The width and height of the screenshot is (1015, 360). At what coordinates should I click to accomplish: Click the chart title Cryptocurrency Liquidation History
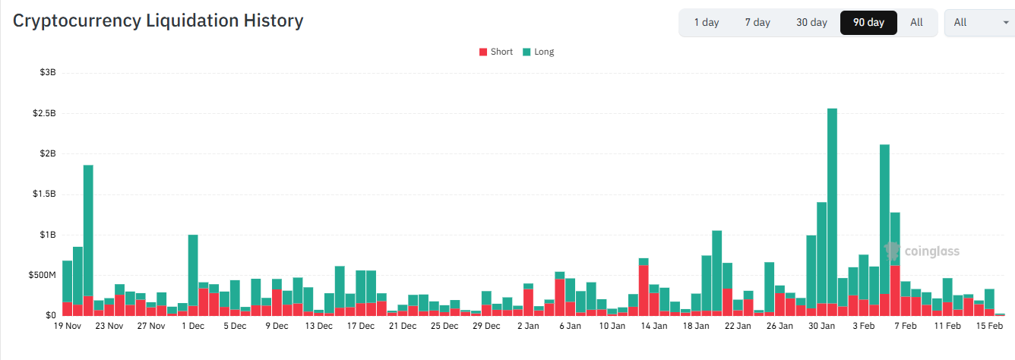(x=158, y=21)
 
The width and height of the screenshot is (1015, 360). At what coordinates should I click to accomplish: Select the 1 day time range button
(x=706, y=23)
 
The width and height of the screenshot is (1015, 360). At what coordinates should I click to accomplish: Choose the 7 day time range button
(x=757, y=23)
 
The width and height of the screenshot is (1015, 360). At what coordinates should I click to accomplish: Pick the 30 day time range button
(x=811, y=23)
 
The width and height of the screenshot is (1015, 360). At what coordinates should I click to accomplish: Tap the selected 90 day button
(x=868, y=23)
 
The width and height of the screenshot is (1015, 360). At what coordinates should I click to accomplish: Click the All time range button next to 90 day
(x=916, y=23)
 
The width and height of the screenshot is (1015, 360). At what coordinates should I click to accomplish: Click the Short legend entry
(x=496, y=52)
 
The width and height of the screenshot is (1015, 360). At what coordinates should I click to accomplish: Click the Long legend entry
(x=539, y=52)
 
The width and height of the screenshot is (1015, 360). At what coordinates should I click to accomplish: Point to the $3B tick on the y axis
(x=47, y=73)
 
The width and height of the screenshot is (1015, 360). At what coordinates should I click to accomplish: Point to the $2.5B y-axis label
(x=44, y=113)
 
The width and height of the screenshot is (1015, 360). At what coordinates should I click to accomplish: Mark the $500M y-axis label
(x=43, y=275)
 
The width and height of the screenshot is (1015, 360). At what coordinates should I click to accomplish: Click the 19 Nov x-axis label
(x=67, y=327)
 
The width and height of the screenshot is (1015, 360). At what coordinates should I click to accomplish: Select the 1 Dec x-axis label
(x=193, y=327)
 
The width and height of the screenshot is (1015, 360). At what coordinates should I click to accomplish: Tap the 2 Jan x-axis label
(x=528, y=327)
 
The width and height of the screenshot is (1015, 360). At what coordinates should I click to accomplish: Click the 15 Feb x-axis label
(x=989, y=327)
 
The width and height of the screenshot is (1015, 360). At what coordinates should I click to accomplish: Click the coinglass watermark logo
(x=922, y=251)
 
